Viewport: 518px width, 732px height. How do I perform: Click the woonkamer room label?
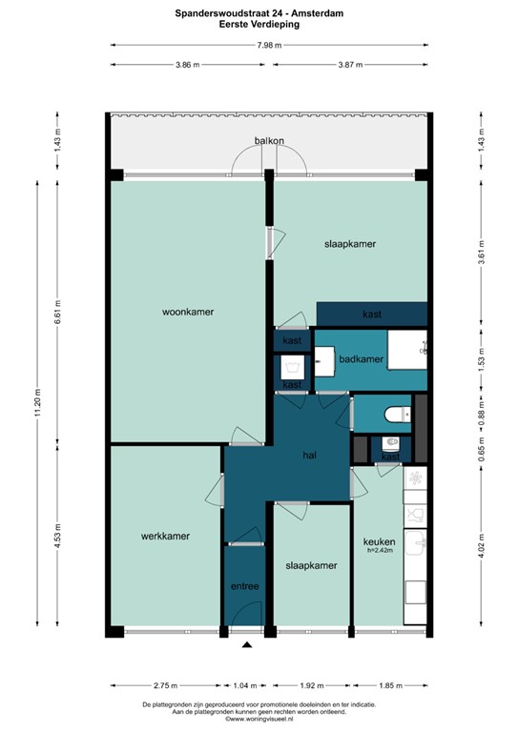tap(187, 312)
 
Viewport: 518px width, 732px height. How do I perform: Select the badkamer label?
tap(362, 359)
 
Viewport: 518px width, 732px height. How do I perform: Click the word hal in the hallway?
tap(308, 456)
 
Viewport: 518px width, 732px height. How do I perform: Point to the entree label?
tap(244, 586)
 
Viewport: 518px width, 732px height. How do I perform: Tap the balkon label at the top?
tap(269, 141)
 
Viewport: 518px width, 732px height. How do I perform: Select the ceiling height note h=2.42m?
tap(380, 551)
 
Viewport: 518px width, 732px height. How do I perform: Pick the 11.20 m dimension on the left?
tap(37, 404)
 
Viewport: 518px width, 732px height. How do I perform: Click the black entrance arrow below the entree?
tap(247, 645)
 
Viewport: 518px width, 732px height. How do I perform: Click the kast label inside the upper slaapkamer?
tap(372, 315)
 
